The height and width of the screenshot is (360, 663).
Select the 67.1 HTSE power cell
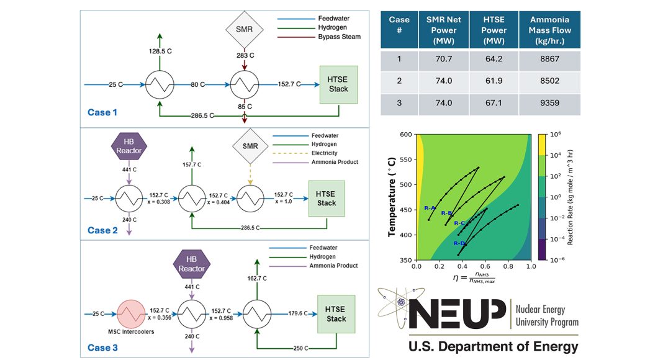(x=494, y=105)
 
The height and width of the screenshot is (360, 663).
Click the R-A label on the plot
(x=430, y=208)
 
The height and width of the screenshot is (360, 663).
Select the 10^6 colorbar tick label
(x=556, y=134)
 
